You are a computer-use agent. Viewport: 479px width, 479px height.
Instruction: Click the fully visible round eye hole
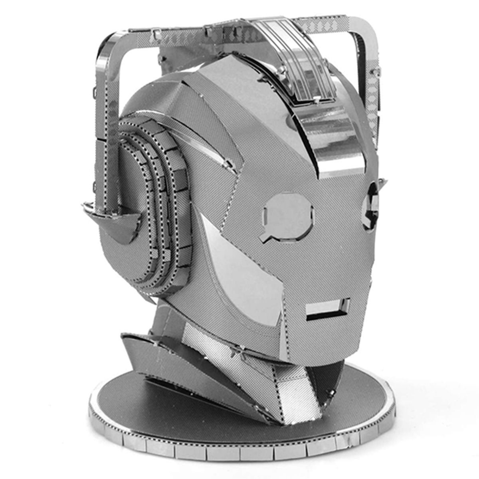coord(289,216)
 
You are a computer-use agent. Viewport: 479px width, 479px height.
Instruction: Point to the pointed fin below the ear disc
coord(114,224)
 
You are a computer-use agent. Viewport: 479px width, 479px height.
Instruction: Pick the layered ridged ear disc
coord(160,200)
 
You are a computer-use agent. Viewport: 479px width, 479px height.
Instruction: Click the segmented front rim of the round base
coord(239,451)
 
